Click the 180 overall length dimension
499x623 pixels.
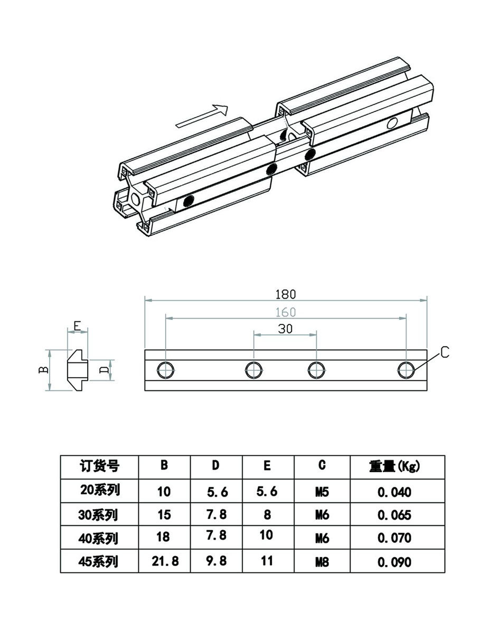(285, 294)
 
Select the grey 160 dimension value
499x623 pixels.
(285, 312)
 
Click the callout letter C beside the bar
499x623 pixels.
(444, 352)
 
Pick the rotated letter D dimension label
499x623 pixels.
(105, 369)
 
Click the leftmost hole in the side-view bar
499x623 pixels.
(166, 370)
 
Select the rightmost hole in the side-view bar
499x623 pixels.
(406, 370)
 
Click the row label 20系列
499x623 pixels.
(100, 491)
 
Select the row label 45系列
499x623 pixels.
(100, 562)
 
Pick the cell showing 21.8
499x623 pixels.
(165, 561)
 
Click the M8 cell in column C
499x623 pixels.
(322, 562)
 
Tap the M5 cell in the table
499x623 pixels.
(322, 492)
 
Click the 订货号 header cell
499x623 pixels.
(100, 466)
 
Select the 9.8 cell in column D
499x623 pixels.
(216, 560)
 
